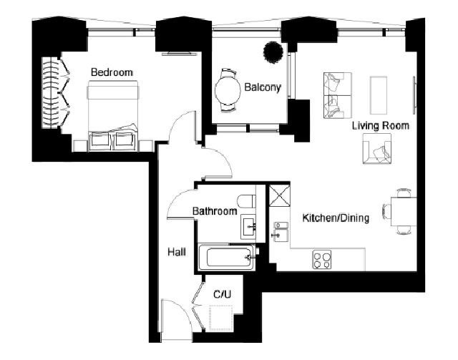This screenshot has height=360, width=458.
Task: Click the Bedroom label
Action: point(112,72)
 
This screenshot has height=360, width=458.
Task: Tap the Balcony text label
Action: point(263,87)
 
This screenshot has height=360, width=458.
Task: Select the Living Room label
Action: point(380,126)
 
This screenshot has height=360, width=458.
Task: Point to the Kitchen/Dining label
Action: point(336,218)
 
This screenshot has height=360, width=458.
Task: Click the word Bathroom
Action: point(215,211)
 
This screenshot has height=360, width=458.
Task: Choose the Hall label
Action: point(177,252)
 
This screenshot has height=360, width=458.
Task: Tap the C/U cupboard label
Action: point(223,294)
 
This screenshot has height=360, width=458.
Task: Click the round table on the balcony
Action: point(228,90)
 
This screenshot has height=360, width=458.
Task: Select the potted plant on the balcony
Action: point(273,52)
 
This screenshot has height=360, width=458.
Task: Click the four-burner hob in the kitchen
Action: point(321,260)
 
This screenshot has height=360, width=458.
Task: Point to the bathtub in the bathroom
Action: point(228,258)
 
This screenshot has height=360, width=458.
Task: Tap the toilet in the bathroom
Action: point(246,202)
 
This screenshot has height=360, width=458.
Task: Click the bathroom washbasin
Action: point(248,227)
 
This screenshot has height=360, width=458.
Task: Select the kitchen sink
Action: point(281,232)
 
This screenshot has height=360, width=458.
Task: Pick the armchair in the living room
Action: point(377,149)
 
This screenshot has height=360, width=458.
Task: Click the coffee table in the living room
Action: point(379,95)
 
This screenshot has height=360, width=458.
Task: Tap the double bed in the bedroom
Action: point(113,116)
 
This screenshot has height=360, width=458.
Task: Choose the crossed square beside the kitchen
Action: point(280,195)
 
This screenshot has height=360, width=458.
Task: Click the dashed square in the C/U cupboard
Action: point(221,318)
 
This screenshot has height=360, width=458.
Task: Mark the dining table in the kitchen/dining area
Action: point(404,212)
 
